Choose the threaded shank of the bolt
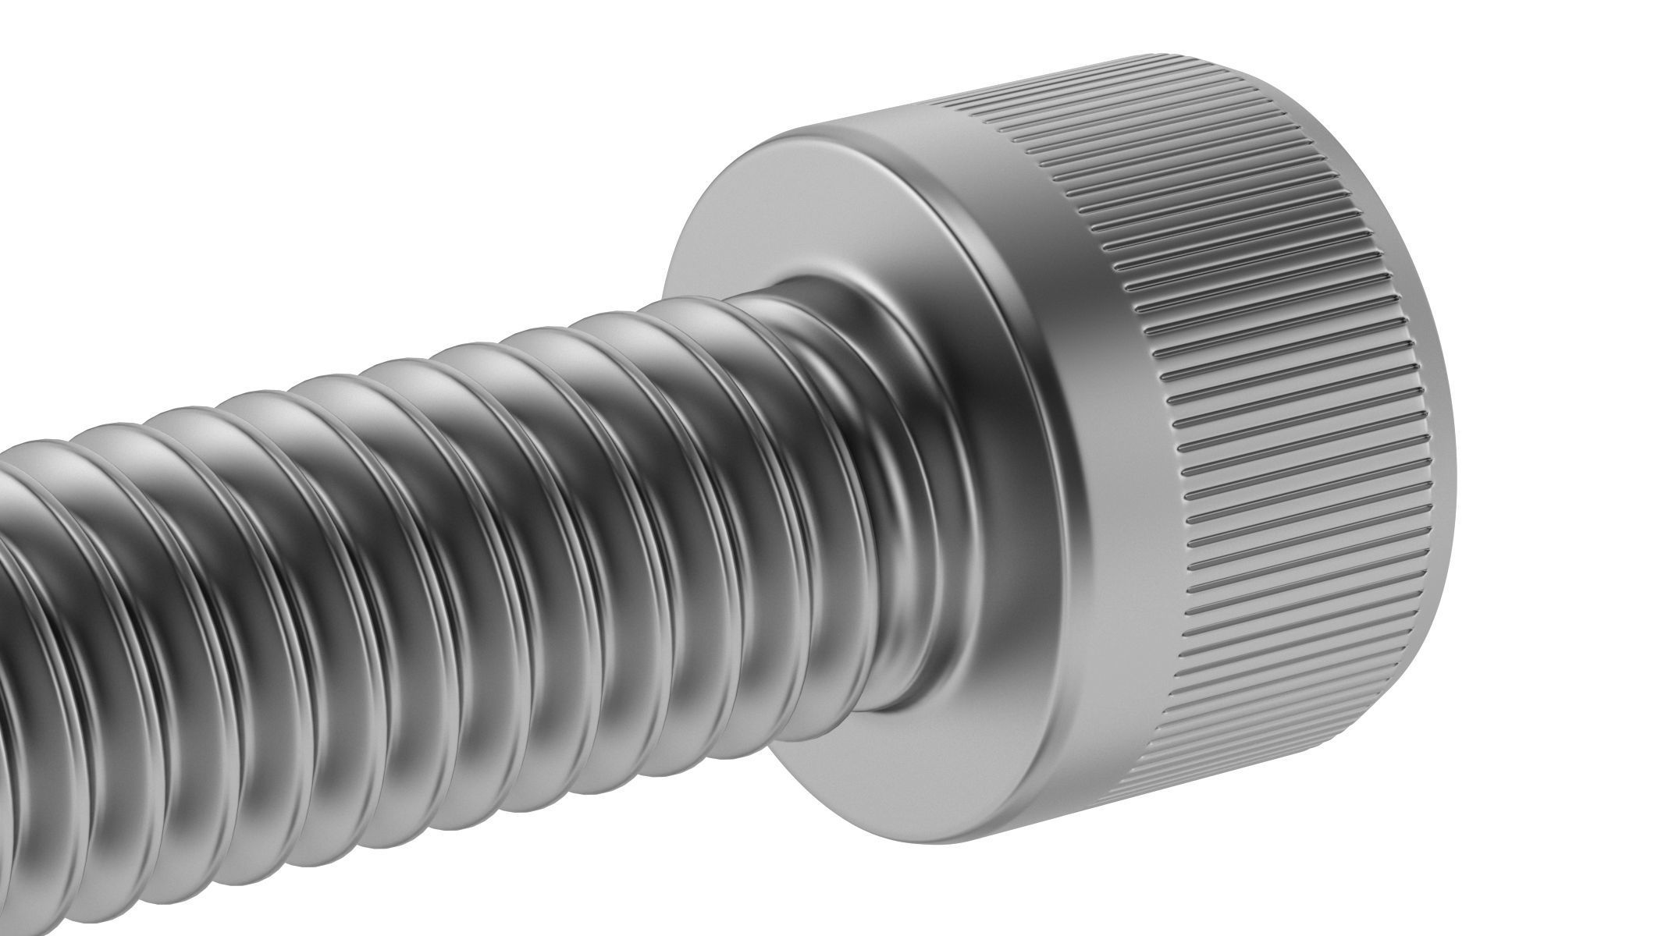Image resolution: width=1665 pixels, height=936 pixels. click(x=390, y=546)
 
